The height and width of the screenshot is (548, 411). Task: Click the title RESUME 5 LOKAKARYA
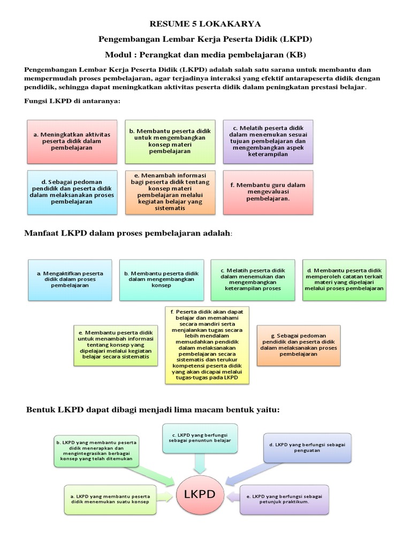pos(205,24)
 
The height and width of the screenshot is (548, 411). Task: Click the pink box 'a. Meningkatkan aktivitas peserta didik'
pos(72,141)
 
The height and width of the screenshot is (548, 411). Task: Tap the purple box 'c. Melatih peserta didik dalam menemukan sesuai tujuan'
pos(268,141)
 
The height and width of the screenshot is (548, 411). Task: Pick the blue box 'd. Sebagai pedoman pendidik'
pos(72,192)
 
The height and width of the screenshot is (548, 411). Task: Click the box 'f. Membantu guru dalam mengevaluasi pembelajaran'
pos(268,192)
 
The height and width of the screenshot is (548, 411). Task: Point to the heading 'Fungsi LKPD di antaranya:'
pos(72,101)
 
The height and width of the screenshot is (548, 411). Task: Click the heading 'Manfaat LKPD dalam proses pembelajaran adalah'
pos(128,233)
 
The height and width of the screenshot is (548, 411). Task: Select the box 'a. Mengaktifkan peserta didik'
pos(70,279)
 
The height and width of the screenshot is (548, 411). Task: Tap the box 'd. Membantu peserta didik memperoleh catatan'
pos(344,279)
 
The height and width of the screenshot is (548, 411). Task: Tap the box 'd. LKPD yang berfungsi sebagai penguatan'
pos(307,447)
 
